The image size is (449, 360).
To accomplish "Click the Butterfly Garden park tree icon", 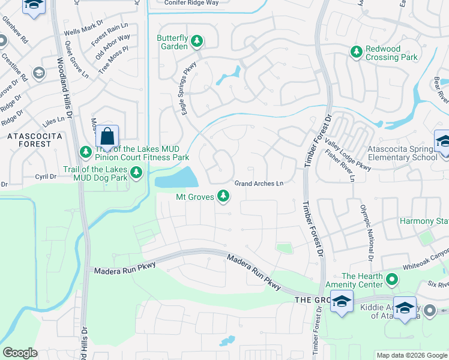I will tap(196, 41).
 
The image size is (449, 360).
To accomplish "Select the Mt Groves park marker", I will tap(223, 196).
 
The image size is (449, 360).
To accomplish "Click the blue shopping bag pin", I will tap(107, 137).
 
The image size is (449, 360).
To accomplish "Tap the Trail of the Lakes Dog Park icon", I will tap(137, 173).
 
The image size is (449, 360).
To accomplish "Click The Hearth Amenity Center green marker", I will tap(392, 279).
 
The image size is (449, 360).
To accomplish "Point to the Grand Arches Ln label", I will tap(258, 183).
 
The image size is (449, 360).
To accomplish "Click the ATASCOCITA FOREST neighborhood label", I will tap(29, 140).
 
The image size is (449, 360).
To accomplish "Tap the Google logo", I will tap(20, 353).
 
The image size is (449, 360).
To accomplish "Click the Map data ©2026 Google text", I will tap(411, 355).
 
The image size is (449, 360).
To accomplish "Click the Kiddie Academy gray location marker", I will tap(430, 311).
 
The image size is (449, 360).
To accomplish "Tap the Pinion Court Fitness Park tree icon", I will tap(84, 150).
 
